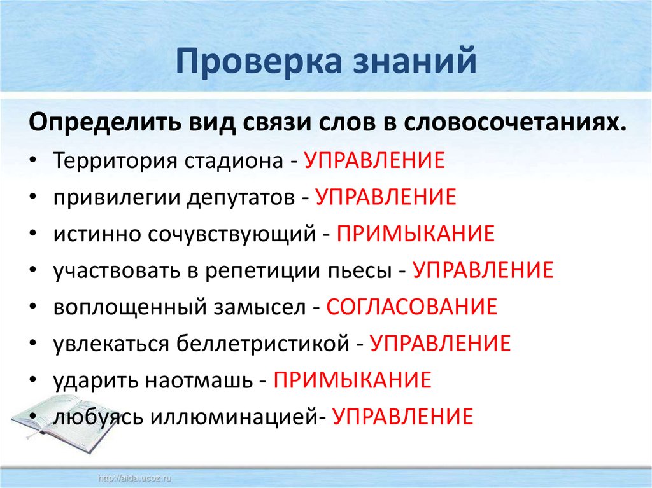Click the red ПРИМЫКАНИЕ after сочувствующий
coord(416,234)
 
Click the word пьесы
coord(356,270)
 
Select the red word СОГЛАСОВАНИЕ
coord(411,307)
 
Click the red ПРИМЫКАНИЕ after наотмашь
coord(353,380)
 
